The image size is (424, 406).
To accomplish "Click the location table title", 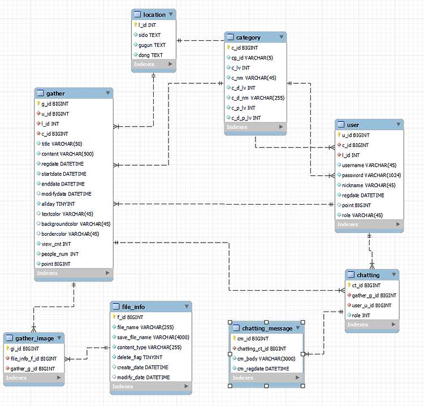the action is coord(154,15).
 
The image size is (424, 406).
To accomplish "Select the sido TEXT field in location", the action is coord(149,35).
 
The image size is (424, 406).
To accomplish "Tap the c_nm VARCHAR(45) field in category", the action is coord(254,78).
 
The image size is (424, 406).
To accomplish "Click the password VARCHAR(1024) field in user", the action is coord(371,175).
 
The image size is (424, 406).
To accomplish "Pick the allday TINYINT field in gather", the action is coord(58,204).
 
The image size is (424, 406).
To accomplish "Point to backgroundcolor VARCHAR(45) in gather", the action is coord(76,224).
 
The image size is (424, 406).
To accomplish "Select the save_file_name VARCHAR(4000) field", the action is coord(153,337).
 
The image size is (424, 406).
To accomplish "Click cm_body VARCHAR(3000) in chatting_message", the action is coord(266,359).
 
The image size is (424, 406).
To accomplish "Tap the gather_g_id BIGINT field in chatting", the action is coord(374,295).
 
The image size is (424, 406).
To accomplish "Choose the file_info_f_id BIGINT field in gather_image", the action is coord(33,359).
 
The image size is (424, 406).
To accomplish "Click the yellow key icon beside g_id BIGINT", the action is coord(38,103).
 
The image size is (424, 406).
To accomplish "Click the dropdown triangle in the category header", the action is coord(281,37).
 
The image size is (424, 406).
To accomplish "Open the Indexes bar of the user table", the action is coord(369,224).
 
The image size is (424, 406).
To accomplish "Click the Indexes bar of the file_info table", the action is coord(150,386).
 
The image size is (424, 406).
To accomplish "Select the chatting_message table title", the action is coord(267,329).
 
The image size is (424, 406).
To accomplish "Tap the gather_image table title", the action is coord(34,338).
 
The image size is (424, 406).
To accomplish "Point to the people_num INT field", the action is coord(60,254).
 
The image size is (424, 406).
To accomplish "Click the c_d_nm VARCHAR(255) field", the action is coord(258,98).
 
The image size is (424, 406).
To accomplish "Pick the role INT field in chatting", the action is coord(361,316).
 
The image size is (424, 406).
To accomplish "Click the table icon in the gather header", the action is coord(40,93).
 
